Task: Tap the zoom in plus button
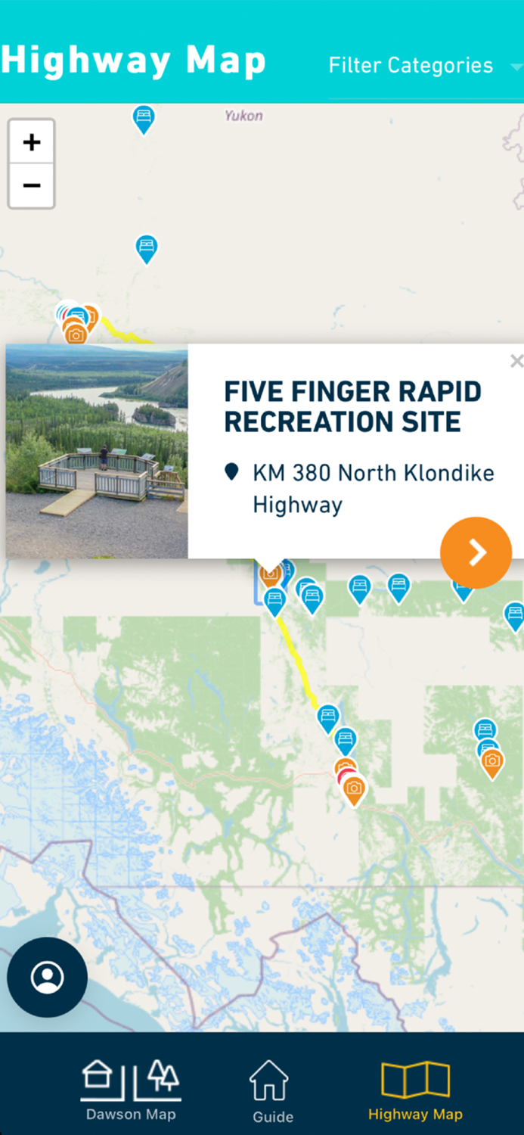pos(31,142)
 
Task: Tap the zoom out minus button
pos(31,185)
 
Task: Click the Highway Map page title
pos(134,61)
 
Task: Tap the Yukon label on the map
pos(243,116)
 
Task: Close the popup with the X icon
pos(516,362)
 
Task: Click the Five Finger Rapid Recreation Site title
pos(352,406)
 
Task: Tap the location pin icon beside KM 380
pos(232,473)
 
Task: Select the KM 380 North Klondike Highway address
pos(373,488)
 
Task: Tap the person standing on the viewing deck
pos(104,457)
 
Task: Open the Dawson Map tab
pos(131,1090)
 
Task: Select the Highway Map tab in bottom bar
pos(415,1090)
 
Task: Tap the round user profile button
pos(47,977)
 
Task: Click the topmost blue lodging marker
pos(144,118)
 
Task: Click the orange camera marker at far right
pos(492,762)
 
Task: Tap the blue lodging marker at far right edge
pos(514,614)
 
